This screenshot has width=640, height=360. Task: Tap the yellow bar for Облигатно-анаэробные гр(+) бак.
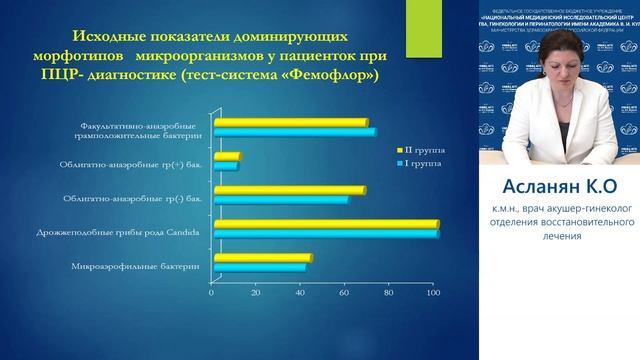click(x=224, y=155)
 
